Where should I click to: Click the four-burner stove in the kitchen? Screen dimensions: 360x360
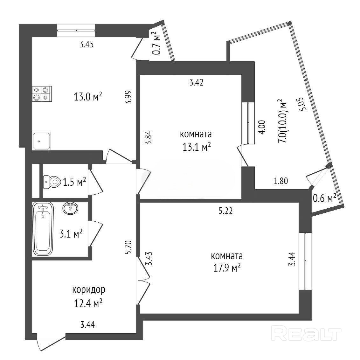point(42,94)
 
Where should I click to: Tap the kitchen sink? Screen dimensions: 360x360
point(42,141)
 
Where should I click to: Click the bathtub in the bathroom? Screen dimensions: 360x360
point(43,229)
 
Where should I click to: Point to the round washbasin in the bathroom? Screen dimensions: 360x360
point(70,208)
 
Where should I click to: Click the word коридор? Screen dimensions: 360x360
point(89,290)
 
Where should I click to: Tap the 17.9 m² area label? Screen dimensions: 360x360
point(227,268)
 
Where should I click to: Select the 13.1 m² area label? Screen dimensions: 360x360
point(197,147)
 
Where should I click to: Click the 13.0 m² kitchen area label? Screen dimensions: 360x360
point(88,97)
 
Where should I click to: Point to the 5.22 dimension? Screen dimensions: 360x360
point(225,211)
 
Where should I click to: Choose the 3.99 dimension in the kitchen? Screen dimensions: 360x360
point(128,97)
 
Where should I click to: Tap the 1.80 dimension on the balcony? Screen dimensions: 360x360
point(281,181)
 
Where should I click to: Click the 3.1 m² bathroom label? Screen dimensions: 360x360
point(71,234)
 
